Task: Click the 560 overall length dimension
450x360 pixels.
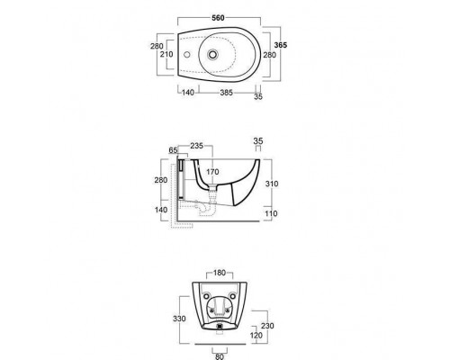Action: [218, 18]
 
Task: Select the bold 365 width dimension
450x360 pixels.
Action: [281, 45]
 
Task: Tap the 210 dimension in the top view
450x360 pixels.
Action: [166, 54]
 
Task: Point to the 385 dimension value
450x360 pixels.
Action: [226, 93]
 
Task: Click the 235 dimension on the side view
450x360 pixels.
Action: [197, 146]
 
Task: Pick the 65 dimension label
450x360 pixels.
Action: [173, 150]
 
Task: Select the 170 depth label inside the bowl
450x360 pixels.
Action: [212, 172]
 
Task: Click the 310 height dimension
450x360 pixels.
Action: [272, 184]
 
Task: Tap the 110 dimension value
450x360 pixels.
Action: [271, 213]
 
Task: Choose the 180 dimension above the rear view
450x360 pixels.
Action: [220, 273]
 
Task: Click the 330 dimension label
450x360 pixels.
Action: [179, 319]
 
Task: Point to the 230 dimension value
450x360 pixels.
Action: [267, 326]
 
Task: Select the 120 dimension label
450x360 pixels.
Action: [256, 336]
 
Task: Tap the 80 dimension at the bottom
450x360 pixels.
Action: [220, 356]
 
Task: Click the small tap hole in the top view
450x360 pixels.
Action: [187, 55]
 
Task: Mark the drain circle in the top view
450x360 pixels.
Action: [212, 55]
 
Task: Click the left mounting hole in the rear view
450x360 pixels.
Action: [206, 296]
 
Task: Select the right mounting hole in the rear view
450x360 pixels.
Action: [232, 296]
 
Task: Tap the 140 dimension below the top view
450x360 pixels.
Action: [188, 93]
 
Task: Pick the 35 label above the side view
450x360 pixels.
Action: [258, 140]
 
